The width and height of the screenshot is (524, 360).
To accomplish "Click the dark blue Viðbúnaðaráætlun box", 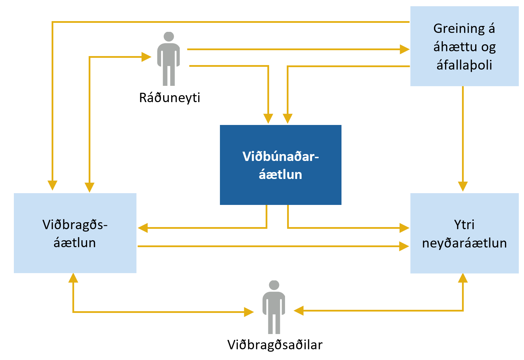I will point(281,165).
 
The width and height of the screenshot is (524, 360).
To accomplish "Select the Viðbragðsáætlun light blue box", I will point(75,233).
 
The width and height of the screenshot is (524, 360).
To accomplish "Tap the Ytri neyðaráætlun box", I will point(464,233).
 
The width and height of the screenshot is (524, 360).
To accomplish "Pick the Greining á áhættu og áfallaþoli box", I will point(464,46).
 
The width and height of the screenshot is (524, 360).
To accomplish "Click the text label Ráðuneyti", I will point(170,98).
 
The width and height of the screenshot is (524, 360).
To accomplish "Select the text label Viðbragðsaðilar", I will point(275,345).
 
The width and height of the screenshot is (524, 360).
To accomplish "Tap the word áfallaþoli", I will point(464,65).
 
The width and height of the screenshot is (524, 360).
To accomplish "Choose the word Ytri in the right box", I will point(464,225).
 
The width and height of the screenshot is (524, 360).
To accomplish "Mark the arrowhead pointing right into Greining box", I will point(405,49).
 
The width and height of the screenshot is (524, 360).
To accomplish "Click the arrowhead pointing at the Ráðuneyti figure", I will point(146,57).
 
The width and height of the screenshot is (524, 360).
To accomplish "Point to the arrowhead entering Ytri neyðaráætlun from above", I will point(463,187).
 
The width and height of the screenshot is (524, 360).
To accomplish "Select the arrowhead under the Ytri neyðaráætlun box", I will point(463,278).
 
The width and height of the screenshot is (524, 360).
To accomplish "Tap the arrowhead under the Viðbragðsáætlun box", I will point(73,278).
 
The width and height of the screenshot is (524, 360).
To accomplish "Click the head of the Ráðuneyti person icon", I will point(169,36).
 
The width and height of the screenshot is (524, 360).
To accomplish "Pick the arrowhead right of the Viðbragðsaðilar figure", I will point(299,310).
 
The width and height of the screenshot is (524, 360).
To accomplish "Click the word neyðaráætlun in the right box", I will point(464,243).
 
